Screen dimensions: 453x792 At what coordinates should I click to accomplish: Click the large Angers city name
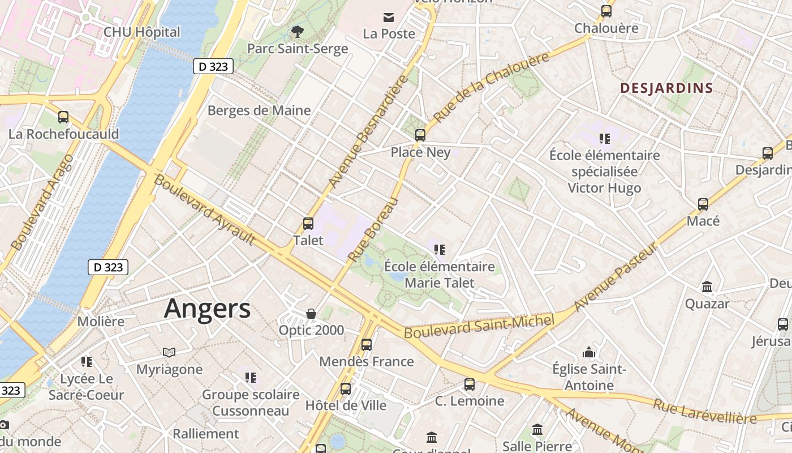(207, 309)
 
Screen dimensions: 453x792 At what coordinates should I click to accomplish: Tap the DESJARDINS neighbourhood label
(666, 88)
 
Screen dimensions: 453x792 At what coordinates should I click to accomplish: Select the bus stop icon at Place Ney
(420, 135)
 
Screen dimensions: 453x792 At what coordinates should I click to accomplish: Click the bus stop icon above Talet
(308, 223)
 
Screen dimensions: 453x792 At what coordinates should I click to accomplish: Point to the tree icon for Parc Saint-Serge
(297, 32)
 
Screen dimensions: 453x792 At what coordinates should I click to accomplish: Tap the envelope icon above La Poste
(389, 17)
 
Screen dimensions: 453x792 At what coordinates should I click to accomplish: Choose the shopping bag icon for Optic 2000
(311, 313)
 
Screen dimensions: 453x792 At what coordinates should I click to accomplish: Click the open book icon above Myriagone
(169, 352)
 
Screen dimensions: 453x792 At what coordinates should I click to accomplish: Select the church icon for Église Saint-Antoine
(589, 352)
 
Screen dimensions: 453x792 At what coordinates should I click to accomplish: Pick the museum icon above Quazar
(707, 287)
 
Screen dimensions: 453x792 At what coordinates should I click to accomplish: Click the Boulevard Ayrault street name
(204, 210)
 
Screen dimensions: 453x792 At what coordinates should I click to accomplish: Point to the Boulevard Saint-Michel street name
(478, 327)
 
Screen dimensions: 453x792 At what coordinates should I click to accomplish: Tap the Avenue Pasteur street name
(617, 277)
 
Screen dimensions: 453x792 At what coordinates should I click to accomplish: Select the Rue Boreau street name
(373, 229)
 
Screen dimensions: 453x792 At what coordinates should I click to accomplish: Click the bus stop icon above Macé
(703, 204)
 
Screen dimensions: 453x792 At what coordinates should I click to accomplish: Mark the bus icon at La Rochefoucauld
(63, 117)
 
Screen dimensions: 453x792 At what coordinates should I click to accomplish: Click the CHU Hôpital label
(141, 32)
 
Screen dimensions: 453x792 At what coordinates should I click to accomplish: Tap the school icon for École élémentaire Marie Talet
(440, 249)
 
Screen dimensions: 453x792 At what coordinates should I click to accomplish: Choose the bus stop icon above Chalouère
(606, 11)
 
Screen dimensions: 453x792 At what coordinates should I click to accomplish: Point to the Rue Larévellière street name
(704, 411)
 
